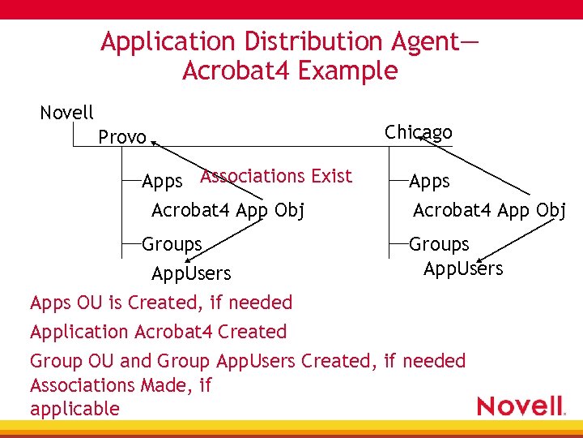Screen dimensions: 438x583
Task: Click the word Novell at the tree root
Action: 66,113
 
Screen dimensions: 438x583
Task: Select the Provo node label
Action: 122,137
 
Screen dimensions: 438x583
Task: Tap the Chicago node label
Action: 418,131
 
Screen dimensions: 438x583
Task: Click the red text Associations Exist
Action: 276,176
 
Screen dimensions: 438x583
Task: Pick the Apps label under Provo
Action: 162,182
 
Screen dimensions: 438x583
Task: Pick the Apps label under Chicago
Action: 429,182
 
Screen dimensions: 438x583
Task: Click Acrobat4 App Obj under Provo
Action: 228,211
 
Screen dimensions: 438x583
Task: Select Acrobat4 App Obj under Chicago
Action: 489,211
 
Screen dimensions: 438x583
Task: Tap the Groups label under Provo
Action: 172,243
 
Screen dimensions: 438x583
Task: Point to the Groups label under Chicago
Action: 439,243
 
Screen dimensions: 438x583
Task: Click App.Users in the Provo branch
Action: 191,273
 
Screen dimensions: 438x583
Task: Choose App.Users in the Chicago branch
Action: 462,268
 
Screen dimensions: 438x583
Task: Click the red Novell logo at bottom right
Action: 520,406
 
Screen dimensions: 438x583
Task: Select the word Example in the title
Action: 347,71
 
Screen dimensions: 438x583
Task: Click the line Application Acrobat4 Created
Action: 158,332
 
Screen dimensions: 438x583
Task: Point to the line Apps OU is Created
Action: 160,303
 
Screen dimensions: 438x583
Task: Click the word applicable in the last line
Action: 74,408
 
